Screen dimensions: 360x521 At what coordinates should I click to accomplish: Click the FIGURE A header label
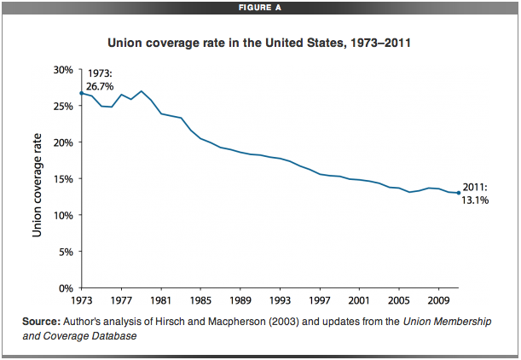pyautogui.click(x=259, y=8)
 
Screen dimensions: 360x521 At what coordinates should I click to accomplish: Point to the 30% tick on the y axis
pyautogui.click(x=63, y=69)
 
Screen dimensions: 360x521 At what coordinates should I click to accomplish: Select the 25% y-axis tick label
pyautogui.click(x=63, y=106)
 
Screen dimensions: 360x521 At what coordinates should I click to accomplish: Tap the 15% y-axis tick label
pyautogui.click(x=63, y=179)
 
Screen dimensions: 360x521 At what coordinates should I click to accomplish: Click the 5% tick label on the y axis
pyautogui.click(x=66, y=252)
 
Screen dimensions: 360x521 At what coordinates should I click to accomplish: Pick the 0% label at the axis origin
pyautogui.click(x=66, y=288)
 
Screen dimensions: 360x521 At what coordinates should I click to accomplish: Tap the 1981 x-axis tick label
pyautogui.click(x=160, y=301)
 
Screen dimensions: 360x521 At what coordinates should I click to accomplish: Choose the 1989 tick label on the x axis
pyautogui.click(x=240, y=301)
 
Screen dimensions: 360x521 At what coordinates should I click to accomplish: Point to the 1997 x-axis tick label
pyautogui.click(x=319, y=301)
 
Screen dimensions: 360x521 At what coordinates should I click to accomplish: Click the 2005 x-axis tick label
pyautogui.click(x=398, y=301)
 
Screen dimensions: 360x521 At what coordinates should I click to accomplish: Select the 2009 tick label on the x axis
pyautogui.click(x=438, y=301)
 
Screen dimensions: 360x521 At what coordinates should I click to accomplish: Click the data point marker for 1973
pyautogui.click(x=81, y=93)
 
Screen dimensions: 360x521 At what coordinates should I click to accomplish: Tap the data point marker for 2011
pyautogui.click(x=458, y=193)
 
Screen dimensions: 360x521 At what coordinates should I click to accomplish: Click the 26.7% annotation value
pyautogui.click(x=100, y=86)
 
